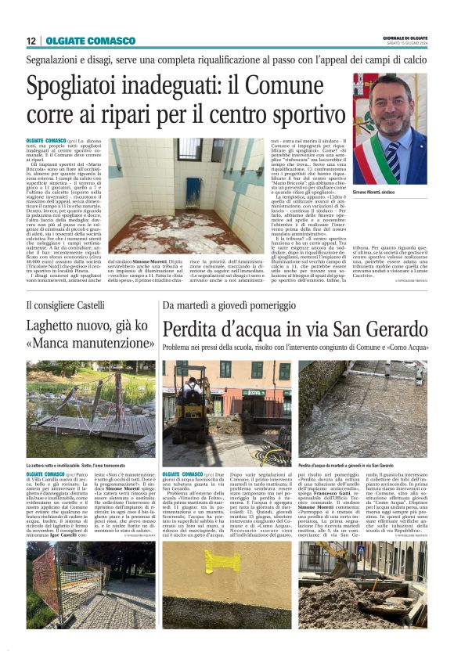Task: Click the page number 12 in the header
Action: [31, 41]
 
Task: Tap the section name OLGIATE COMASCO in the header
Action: [80, 41]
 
